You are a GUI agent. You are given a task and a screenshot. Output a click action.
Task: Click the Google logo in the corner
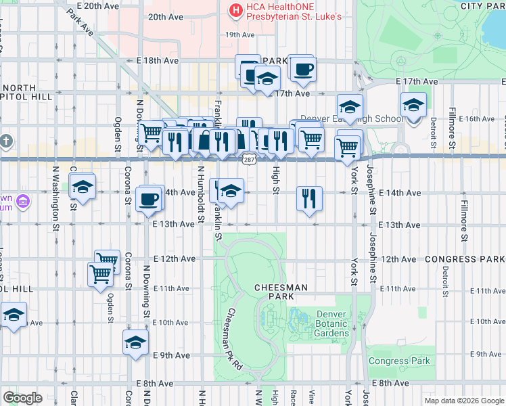click(22, 398)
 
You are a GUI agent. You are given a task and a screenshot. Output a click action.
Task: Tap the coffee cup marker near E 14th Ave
click(150, 199)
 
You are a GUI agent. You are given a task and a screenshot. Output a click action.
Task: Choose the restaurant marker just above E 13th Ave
click(308, 199)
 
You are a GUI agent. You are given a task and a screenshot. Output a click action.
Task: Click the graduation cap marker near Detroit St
click(413, 106)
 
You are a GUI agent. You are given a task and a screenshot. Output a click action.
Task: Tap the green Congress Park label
click(399, 361)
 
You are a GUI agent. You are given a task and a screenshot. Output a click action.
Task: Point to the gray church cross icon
click(6, 141)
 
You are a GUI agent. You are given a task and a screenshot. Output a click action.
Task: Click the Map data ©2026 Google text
click(463, 401)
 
